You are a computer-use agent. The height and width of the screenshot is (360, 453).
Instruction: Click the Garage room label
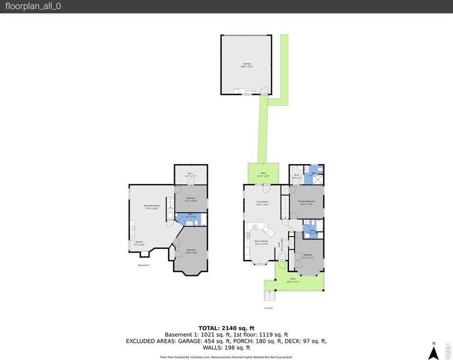(x=247, y=65)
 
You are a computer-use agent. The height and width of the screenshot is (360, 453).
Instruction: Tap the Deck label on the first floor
(x=263, y=174)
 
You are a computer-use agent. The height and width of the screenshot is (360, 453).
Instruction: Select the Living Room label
(x=262, y=203)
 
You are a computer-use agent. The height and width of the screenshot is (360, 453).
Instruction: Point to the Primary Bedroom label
(x=306, y=203)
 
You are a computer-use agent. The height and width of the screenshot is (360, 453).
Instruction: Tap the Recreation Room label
(x=152, y=207)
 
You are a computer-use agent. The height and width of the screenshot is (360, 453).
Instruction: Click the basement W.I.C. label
(x=190, y=174)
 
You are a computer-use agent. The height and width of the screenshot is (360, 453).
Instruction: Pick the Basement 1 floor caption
(x=143, y=265)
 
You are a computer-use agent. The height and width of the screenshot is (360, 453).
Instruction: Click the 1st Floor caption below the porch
(x=268, y=308)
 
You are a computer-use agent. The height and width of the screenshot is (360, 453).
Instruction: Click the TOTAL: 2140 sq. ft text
(x=226, y=328)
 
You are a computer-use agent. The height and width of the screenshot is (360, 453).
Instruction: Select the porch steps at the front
(x=269, y=296)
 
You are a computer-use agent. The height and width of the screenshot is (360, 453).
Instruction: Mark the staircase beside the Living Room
(x=284, y=208)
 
